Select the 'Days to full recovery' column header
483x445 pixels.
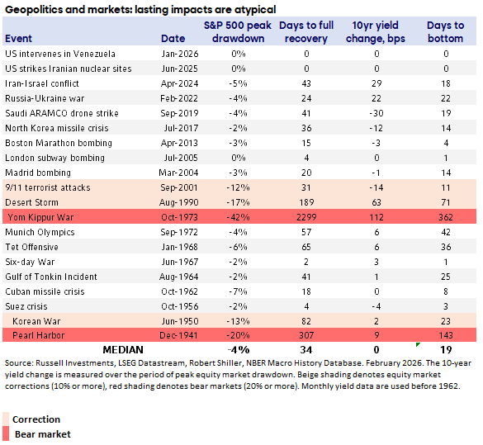(305, 32)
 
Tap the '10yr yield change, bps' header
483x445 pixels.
(376, 32)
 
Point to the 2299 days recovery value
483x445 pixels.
(305, 217)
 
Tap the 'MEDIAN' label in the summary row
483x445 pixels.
(125, 350)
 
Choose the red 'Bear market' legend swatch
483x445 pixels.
(7, 434)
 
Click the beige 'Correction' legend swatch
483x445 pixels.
(7, 419)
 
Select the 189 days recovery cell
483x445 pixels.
(305, 202)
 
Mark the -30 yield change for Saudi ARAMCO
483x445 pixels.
(376, 113)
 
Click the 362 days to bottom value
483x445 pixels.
(446, 217)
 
